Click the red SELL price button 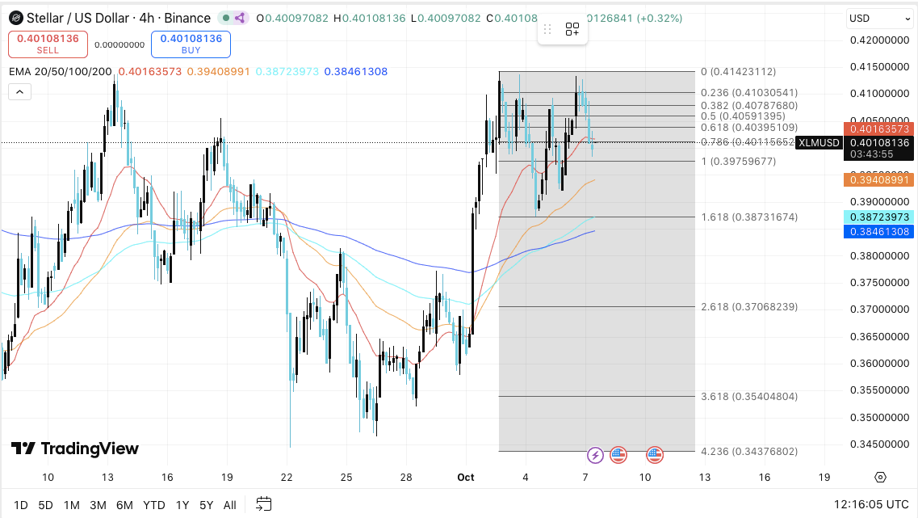click(x=48, y=44)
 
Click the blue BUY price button click(x=191, y=44)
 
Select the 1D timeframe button click(x=21, y=505)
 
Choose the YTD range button click(x=153, y=505)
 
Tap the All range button click(x=230, y=505)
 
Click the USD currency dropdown click(x=879, y=18)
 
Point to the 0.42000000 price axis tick click(x=879, y=40)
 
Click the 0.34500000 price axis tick click(x=879, y=444)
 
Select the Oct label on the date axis click(x=466, y=478)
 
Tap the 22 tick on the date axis click(x=287, y=478)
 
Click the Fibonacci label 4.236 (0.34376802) click(x=749, y=451)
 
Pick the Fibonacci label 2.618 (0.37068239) click(x=749, y=307)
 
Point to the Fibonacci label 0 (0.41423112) click(x=738, y=71)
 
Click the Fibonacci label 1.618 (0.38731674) click(x=749, y=217)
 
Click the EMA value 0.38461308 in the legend click(x=355, y=72)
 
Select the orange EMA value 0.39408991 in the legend click(x=218, y=72)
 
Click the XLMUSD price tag click(x=819, y=143)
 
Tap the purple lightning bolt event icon click(x=595, y=455)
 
